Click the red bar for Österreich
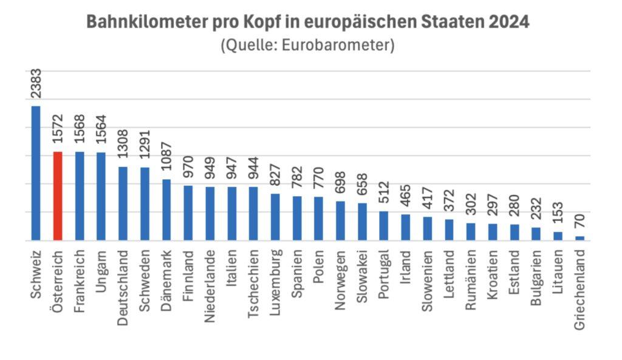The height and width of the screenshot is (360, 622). pyautogui.click(x=58, y=195)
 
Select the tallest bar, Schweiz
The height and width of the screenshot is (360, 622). pyautogui.click(x=36, y=173)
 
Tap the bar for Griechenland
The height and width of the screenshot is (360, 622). pyautogui.click(x=579, y=238)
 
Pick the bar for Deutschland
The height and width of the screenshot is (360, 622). pyautogui.click(x=123, y=203)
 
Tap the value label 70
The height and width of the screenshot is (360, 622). pyautogui.click(x=579, y=223)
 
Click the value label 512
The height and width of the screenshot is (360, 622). pyautogui.click(x=384, y=195)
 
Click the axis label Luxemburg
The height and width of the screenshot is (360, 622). pyautogui.click(x=275, y=281)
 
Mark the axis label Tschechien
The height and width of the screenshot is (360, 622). pyautogui.click(x=253, y=283)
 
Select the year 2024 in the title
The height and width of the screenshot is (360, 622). pyautogui.click(x=509, y=22)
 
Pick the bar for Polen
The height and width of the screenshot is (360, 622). pyautogui.click(x=318, y=219)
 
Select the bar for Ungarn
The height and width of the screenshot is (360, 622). pyautogui.click(x=101, y=196)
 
